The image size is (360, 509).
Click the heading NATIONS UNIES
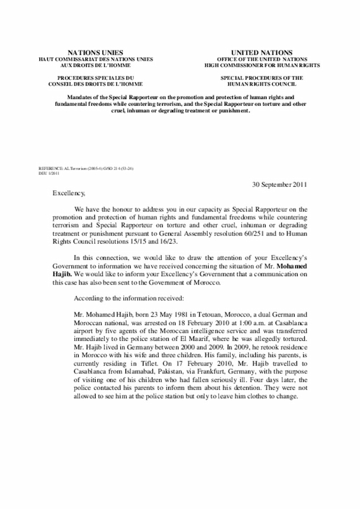tap(95, 52)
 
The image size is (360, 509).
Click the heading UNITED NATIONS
tap(262, 52)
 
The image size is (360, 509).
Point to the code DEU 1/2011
tap(49, 174)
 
